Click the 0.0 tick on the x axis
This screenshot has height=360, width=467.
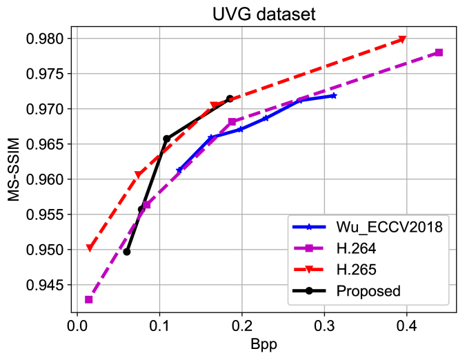77,324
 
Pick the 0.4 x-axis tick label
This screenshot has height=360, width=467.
406,324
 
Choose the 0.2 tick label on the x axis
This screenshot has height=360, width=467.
242,324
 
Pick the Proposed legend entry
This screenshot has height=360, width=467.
368,290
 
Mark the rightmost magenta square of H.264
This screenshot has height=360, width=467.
439,52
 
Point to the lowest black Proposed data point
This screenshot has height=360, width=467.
127,252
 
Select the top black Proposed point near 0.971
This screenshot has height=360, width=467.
230,99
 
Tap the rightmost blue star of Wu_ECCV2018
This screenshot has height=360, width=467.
333,96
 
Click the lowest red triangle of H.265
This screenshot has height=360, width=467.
90,248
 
